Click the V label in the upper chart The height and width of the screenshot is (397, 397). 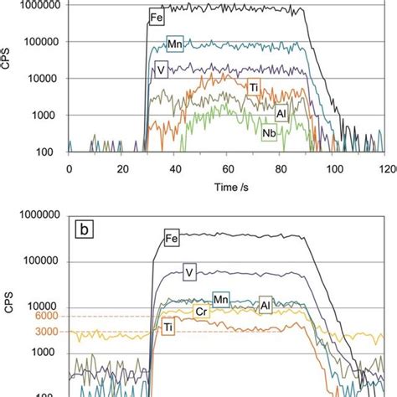point(160,71)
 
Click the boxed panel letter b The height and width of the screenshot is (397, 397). point(86,226)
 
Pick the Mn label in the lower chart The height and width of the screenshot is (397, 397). point(221,298)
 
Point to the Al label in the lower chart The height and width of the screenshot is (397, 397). point(266,304)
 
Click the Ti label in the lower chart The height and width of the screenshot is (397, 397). point(169,327)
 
